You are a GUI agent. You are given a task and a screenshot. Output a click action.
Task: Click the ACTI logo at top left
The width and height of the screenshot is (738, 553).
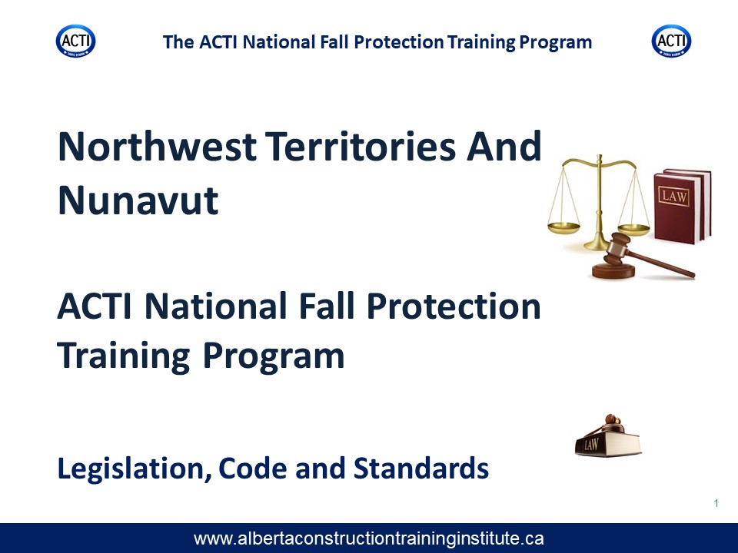pos(76,41)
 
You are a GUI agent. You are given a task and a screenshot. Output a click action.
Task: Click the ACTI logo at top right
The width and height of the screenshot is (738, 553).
pos(671,41)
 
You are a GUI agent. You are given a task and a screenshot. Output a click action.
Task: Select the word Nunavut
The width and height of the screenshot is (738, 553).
pos(138,200)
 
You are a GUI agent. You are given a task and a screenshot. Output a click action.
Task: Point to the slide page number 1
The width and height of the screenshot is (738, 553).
pos(716,504)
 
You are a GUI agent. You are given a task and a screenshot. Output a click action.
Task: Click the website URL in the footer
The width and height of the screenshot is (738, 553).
pos(368,538)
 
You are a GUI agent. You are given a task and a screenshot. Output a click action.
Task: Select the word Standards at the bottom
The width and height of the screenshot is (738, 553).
pos(421,468)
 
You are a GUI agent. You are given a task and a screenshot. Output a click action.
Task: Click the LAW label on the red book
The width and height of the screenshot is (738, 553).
pos(674,196)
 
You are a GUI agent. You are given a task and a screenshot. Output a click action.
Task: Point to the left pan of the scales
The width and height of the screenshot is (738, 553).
pos(563,228)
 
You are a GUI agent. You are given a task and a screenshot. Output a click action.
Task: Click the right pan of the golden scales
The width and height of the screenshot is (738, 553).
pos(633,230)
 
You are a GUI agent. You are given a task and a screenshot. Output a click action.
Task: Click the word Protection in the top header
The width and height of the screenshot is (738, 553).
pos(399,41)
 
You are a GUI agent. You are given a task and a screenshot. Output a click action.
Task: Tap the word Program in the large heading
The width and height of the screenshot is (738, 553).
pos(274,356)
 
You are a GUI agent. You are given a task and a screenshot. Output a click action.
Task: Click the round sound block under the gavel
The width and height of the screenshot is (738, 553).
pos(613,271)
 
